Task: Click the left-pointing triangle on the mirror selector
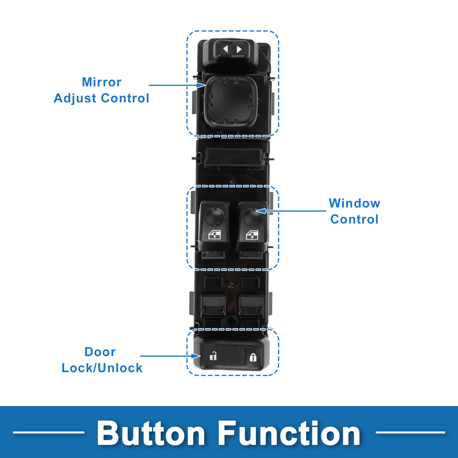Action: [226, 49]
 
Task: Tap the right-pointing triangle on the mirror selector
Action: [239, 49]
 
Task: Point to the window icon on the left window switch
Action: [215, 235]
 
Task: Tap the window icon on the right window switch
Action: [252, 235]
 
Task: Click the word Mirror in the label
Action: [101, 82]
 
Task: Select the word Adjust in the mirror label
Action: [75, 98]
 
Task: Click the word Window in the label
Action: [354, 203]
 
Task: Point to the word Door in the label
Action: [100, 352]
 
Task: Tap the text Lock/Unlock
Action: [102, 368]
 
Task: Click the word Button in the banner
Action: [151, 433]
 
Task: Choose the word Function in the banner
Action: [289, 433]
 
